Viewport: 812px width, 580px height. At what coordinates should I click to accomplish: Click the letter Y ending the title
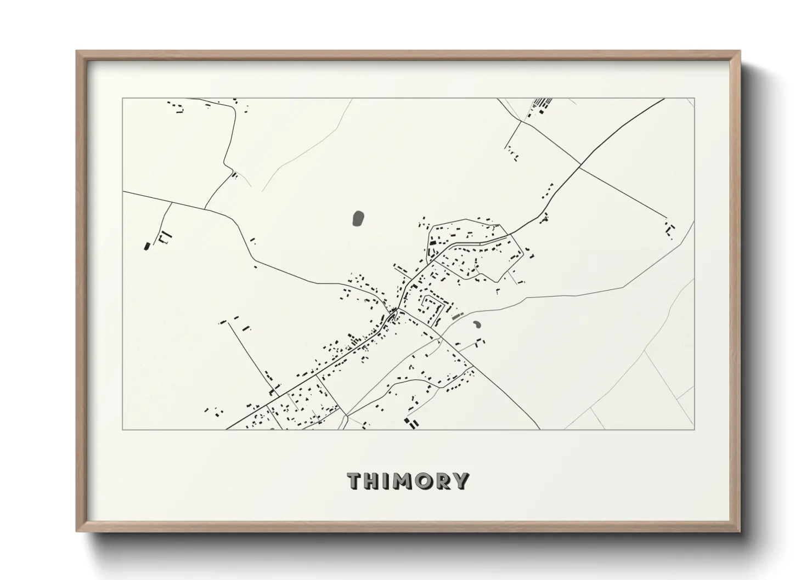[461, 481]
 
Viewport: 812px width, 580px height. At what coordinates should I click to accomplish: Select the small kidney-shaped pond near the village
[477, 324]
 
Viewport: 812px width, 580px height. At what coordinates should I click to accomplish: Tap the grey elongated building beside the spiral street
[456, 316]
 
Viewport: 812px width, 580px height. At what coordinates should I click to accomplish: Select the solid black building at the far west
[146, 246]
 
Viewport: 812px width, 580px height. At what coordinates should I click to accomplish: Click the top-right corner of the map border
[694, 99]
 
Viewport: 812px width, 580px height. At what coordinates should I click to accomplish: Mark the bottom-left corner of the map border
[123, 429]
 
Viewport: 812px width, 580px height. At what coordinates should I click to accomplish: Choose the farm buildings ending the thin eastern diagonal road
[670, 229]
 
